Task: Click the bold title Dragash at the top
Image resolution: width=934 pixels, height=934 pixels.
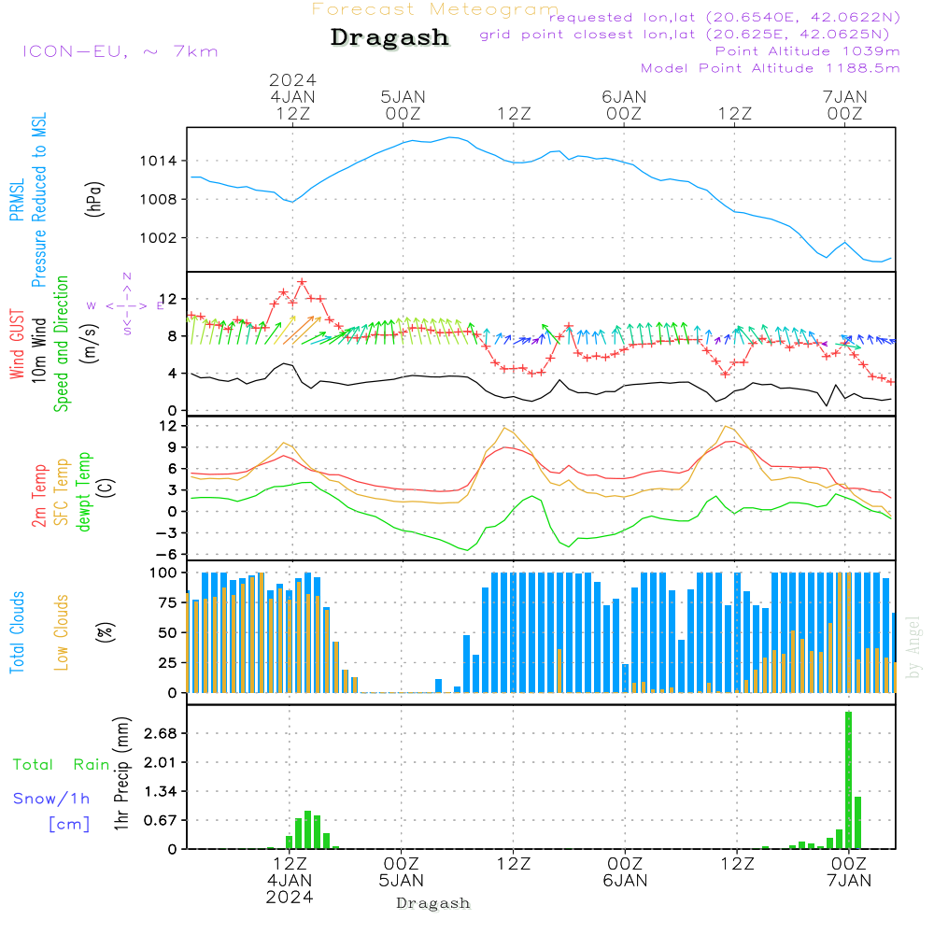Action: click(389, 37)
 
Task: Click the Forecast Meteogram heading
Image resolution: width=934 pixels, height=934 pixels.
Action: click(435, 9)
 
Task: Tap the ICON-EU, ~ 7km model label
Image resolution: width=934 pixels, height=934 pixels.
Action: click(120, 51)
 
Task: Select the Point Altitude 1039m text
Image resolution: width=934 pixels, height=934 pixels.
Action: click(807, 51)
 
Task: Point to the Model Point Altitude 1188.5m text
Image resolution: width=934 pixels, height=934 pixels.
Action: click(770, 68)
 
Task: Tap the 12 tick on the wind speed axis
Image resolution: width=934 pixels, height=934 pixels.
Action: click(171, 298)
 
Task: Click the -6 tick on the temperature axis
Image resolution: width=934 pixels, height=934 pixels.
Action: click(171, 554)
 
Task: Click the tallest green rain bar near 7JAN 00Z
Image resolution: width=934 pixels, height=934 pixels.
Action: click(848, 780)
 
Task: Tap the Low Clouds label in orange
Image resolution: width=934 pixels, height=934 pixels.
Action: click(63, 631)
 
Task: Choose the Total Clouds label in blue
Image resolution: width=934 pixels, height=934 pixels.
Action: click(17, 631)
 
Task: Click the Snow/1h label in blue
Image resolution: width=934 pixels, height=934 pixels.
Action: click(51, 799)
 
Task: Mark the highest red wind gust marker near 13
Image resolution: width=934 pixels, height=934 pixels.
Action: click(302, 282)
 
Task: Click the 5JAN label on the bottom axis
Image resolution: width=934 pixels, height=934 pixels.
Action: click(401, 880)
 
